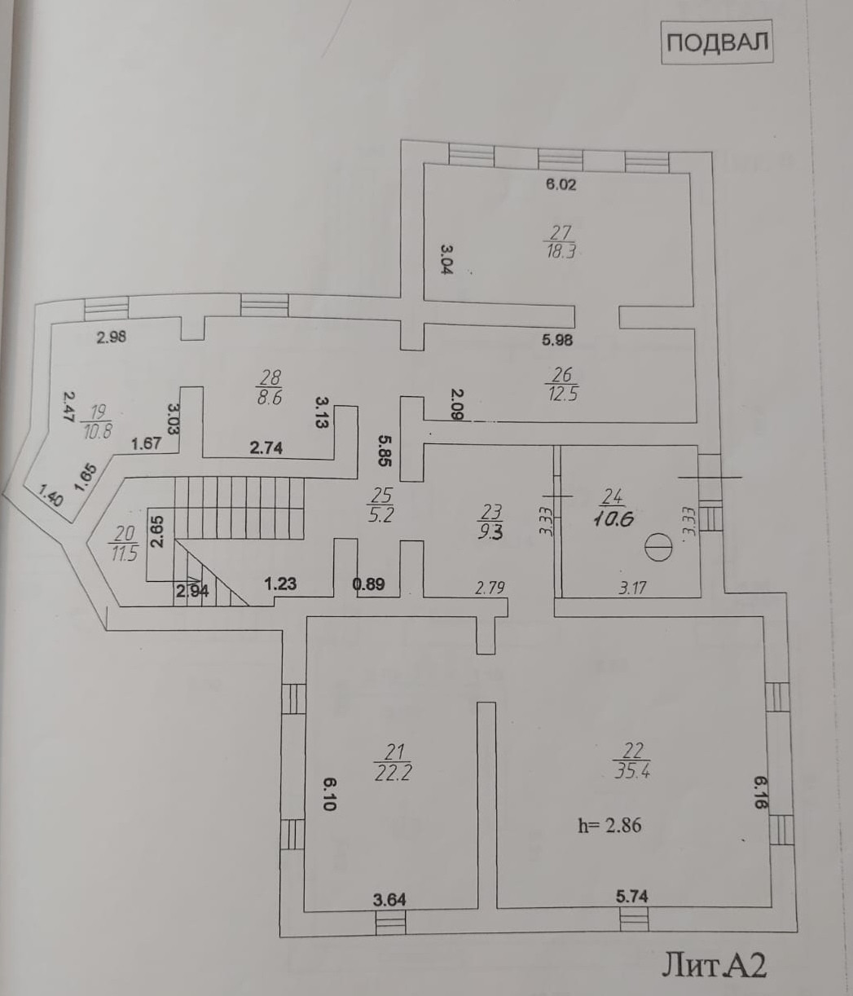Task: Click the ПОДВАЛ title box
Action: (716, 42)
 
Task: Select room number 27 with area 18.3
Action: (561, 242)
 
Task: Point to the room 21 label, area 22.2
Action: (392, 763)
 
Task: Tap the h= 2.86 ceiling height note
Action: (609, 825)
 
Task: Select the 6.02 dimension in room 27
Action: (561, 185)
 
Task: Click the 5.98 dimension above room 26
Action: (562, 341)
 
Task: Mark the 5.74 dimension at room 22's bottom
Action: (632, 896)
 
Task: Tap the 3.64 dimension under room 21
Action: (389, 900)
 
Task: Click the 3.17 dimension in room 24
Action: (632, 587)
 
